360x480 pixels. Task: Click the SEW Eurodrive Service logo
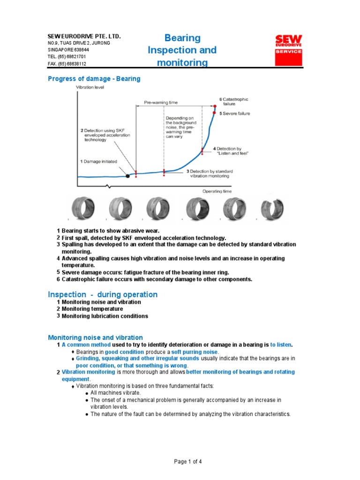point(288,50)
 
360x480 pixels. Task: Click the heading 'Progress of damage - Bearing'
point(94,79)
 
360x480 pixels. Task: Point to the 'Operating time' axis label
point(217,191)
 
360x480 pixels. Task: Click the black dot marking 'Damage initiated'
point(127,176)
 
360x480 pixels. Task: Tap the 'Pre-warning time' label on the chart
point(161,102)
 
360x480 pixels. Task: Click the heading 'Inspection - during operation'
point(103,294)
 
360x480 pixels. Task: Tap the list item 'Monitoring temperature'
point(92,309)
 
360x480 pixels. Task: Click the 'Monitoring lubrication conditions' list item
point(105,316)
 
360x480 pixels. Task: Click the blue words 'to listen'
point(281,345)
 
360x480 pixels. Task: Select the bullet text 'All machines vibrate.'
point(115,393)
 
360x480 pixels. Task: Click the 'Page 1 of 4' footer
point(188,462)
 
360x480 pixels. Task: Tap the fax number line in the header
point(67,64)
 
